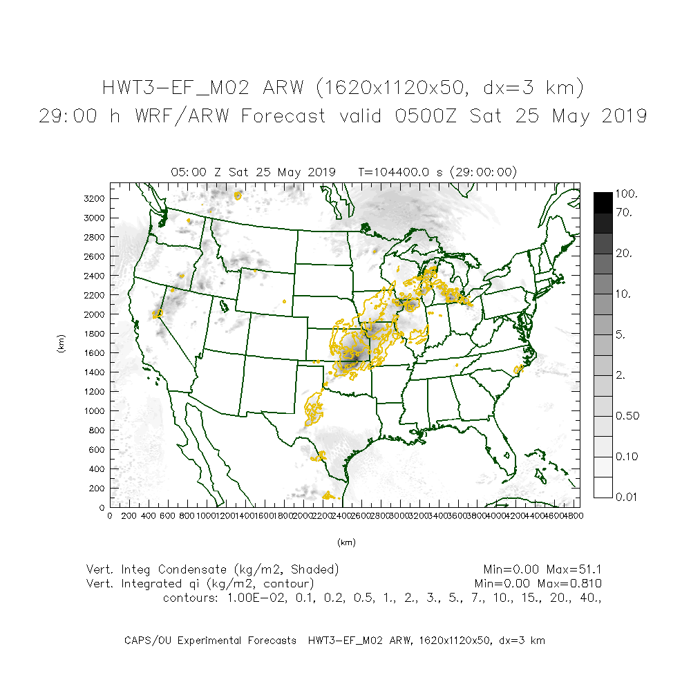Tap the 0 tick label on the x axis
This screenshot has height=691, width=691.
tap(110, 515)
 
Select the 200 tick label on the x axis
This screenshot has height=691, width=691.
tap(129, 515)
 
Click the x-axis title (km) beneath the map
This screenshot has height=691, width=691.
tap(346, 543)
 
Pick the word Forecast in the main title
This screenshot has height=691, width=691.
tap(283, 116)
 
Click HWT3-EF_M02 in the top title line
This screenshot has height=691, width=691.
tap(179, 88)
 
